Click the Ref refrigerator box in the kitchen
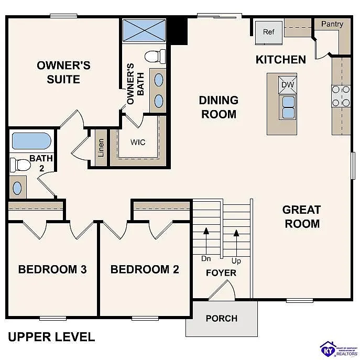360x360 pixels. click(x=268, y=32)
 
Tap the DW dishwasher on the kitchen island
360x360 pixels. click(x=288, y=85)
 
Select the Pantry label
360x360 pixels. click(x=332, y=24)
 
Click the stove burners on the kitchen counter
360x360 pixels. click(x=341, y=96)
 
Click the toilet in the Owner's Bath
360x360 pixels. click(x=155, y=56)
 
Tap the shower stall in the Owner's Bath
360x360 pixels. click(x=144, y=30)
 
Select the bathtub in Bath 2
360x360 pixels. click(x=31, y=141)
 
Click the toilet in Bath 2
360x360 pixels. click(x=20, y=165)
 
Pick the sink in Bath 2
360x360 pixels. click(x=18, y=187)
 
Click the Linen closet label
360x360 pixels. click(x=101, y=148)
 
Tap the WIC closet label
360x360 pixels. click(x=138, y=143)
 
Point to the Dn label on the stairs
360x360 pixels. click(x=206, y=258)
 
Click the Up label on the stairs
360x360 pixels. click(x=236, y=260)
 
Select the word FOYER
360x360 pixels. click(x=221, y=273)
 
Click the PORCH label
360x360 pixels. click(x=221, y=318)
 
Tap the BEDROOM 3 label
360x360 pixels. click(x=52, y=269)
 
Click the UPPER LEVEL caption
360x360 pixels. click(x=51, y=336)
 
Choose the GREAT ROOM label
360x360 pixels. click(x=301, y=216)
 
